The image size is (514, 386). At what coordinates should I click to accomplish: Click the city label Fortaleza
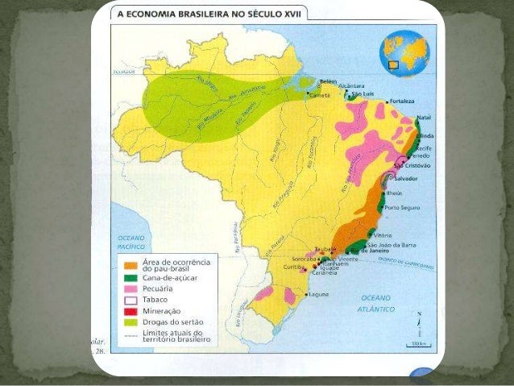tap(401, 102)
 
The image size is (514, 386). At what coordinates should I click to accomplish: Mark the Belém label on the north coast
tap(327, 81)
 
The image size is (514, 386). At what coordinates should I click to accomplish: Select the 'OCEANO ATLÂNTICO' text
tap(377, 303)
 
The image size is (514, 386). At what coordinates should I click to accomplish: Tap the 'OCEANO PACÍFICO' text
tap(131, 242)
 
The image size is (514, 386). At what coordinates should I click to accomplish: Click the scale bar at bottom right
tap(417, 342)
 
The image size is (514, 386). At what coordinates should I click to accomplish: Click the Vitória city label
tap(382, 235)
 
